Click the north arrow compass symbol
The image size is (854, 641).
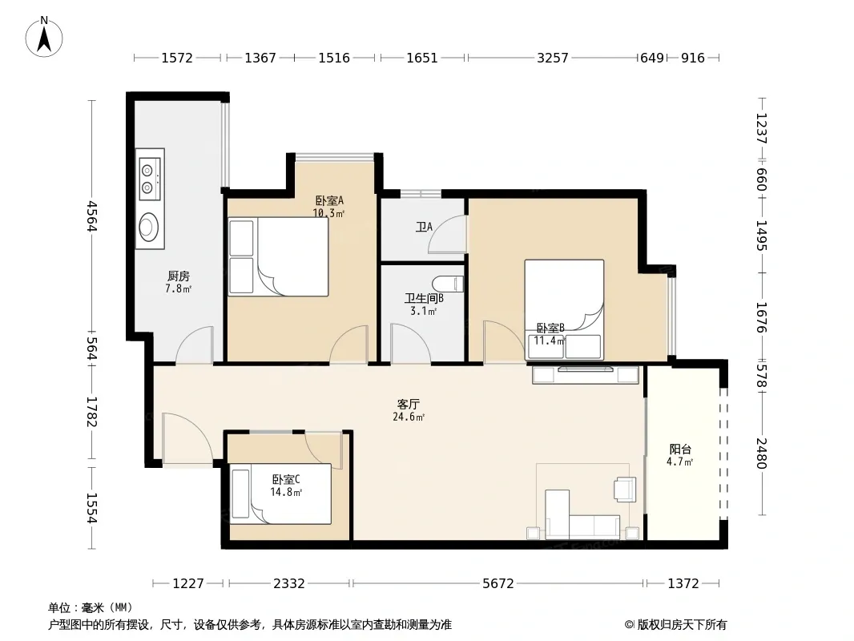(x=44, y=37)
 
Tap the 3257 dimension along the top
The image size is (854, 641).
(x=552, y=58)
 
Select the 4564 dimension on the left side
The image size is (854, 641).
(x=91, y=216)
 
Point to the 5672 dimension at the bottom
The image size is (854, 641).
(x=497, y=583)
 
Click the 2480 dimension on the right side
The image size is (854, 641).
(x=761, y=454)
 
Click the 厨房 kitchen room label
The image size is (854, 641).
(x=179, y=276)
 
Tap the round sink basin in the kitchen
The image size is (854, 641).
(x=149, y=227)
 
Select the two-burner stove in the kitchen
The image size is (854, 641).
(x=150, y=179)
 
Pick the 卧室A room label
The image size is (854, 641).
(x=329, y=200)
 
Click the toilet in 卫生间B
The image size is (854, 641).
(x=448, y=283)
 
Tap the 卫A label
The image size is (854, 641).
(x=424, y=227)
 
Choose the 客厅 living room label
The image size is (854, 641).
(x=408, y=404)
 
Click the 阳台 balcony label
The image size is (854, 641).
(x=680, y=450)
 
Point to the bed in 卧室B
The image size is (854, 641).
(x=564, y=309)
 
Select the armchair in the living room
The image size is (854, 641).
(x=625, y=489)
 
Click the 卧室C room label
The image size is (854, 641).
(x=286, y=479)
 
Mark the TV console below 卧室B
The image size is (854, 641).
(x=586, y=375)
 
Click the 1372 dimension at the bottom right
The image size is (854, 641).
(x=683, y=583)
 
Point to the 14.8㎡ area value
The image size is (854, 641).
(x=286, y=492)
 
